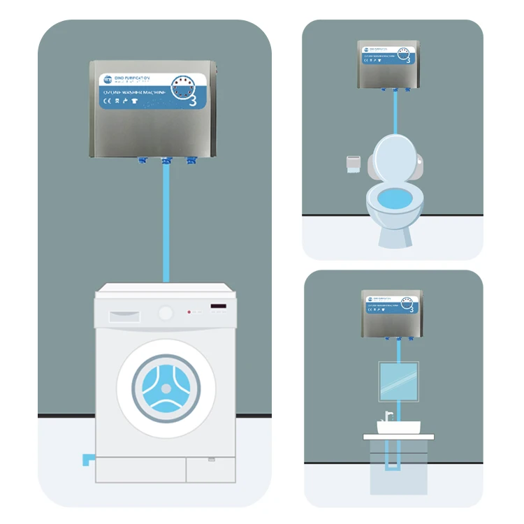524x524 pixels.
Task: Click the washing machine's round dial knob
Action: pyautogui.click(x=166, y=312)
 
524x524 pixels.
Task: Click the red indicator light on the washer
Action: pyautogui.click(x=188, y=312)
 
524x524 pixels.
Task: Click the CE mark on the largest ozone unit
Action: pyautogui.click(x=107, y=101)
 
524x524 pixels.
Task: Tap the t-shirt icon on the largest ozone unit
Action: pyautogui.click(x=134, y=101)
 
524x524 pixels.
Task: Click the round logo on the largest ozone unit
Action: pyautogui.click(x=107, y=79)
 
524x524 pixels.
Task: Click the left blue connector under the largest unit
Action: pyautogui.click(x=143, y=161)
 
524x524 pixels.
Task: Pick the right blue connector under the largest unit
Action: pyautogui.click(x=190, y=161)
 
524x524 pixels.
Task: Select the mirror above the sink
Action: pyautogui.click(x=398, y=380)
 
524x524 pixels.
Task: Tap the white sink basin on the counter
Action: pyautogui.click(x=395, y=425)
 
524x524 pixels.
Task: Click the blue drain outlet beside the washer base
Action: pyautogui.click(x=87, y=460)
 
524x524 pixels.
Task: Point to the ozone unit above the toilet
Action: pyautogui.click(x=392, y=64)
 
